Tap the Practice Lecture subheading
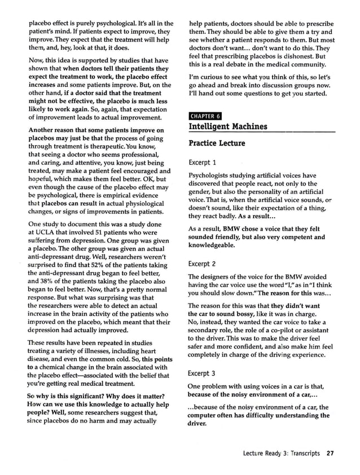[x=217, y=143]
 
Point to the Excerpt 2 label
[x=203, y=263]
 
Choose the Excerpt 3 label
[x=203, y=373]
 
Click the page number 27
[x=331, y=453]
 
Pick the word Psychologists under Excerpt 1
[x=212, y=175]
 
